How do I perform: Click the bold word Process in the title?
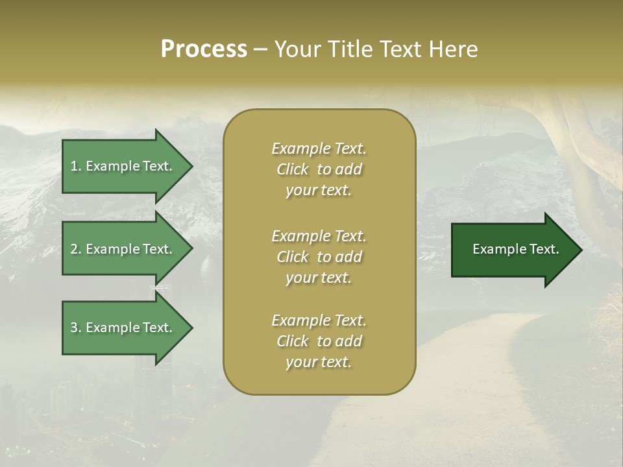point(204,49)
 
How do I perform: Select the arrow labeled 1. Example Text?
point(123,166)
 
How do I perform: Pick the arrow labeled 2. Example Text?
point(123,249)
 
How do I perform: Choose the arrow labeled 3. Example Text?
point(123,328)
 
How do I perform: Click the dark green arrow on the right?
point(513,250)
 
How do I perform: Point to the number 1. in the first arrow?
point(76,166)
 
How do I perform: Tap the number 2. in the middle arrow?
point(76,249)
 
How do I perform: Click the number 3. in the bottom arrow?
point(76,328)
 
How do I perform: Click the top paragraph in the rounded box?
point(319,169)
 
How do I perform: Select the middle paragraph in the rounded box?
point(319,257)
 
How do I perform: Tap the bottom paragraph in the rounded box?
point(319,341)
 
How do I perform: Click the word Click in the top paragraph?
point(293,169)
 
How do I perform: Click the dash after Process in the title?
point(260,49)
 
